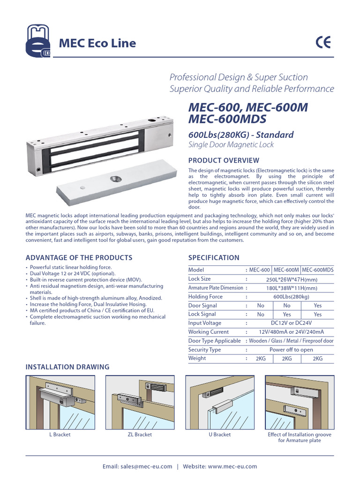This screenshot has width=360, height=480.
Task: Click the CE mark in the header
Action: (323, 43)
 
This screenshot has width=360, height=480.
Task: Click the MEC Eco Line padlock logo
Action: (38, 43)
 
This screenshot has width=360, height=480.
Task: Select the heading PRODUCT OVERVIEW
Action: (223, 161)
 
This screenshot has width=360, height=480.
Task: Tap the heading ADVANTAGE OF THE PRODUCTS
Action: (79, 257)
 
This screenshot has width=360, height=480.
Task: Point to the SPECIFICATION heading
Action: (213, 257)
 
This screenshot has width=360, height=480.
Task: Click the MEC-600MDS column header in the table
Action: (317, 270)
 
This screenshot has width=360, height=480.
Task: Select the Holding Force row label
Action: (205, 297)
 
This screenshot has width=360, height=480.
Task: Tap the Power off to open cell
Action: (291, 350)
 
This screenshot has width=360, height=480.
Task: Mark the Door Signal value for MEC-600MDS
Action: (317, 305)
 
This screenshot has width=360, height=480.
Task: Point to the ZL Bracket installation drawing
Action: (140, 402)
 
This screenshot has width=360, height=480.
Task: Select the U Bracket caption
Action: (219, 435)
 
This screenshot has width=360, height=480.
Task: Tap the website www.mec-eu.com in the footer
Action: (232, 466)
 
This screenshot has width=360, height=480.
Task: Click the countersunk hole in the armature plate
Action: (115, 179)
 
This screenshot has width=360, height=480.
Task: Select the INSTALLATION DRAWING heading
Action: (67, 367)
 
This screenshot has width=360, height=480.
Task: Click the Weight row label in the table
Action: (197, 359)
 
